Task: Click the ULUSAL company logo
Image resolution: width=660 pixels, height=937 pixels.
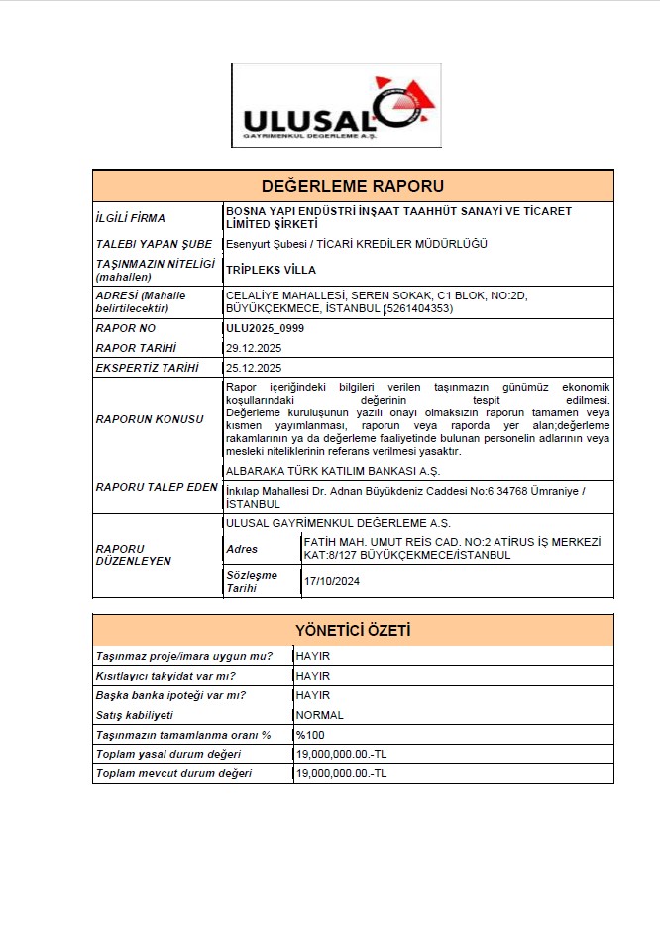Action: (336, 106)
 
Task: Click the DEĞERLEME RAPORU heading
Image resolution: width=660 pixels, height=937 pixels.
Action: (353, 186)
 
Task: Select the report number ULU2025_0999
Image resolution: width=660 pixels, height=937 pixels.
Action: (265, 327)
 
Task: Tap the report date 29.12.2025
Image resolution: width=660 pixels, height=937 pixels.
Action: (254, 347)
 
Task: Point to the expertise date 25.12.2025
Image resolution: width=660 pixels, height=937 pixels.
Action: (254, 368)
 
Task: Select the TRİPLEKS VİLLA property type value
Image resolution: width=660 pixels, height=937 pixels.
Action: (271, 269)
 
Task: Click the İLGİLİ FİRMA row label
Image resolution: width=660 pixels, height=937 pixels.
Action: (131, 218)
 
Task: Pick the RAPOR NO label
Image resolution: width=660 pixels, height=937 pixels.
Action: (126, 327)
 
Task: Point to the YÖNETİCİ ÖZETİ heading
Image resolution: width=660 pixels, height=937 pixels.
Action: (353, 631)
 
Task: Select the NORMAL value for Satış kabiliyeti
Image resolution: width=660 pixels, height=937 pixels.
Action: (320, 715)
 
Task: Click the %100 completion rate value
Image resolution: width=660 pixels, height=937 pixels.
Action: (310, 735)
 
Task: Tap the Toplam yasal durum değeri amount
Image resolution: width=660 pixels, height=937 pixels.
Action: (341, 754)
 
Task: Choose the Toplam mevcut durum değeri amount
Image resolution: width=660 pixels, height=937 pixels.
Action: (341, 773)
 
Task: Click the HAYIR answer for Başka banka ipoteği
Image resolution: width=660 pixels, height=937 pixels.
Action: (313, 695)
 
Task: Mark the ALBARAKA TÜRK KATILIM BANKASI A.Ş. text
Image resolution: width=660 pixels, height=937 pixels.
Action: (333, 470)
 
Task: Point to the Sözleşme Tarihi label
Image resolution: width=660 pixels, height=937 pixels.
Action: (253, 581)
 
